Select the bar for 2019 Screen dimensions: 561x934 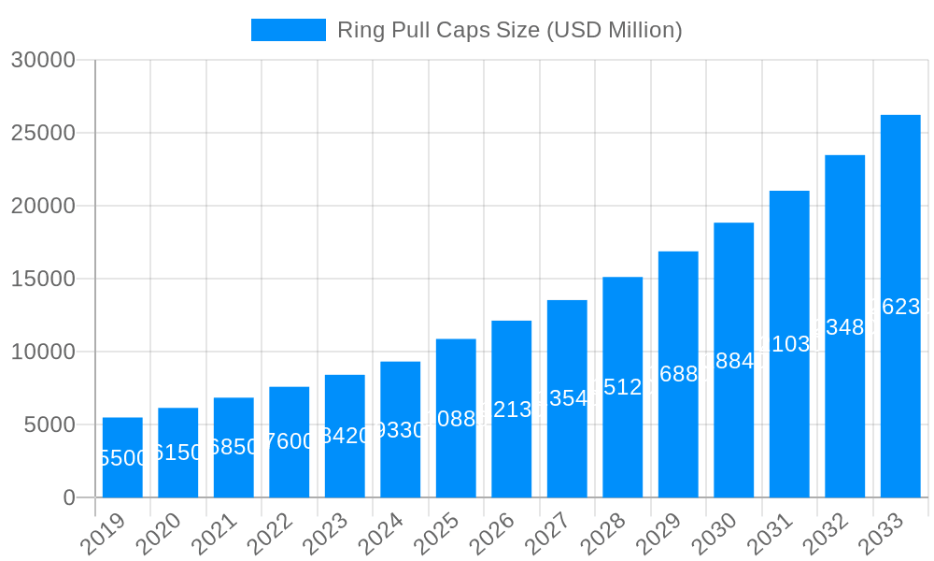click(x=122, y=457)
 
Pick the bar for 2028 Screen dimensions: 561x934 click(x=623, y=387)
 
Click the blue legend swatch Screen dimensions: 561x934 click(x=288, y=30)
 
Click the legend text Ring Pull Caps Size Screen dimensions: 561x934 click(x=509, y=30)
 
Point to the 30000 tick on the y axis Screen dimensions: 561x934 click(x=43, y=60)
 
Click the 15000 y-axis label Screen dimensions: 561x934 click(x=43, y=279)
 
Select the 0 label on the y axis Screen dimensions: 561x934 click(x=69, y=497)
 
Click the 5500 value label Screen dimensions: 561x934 click(x=122, y=458)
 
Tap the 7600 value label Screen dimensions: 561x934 click(x=290, y=441)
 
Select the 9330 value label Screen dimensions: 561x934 click(x=401, y=430)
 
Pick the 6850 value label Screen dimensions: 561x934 click(x=233, y=447)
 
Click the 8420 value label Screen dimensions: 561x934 click(x=345, y=436)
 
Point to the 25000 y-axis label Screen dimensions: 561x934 click(x=43, y=133)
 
